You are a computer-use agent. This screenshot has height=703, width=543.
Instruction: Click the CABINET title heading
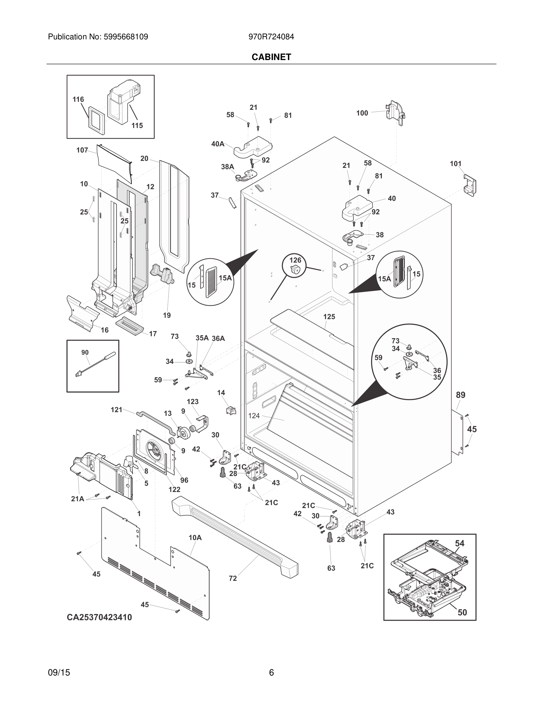(x=271, y=57)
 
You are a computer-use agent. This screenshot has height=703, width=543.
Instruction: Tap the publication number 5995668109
(x=126, y=37)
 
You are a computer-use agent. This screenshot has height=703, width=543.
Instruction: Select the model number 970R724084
(x=271, y=37)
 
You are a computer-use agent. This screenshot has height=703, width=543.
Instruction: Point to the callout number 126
(x=295, y=260)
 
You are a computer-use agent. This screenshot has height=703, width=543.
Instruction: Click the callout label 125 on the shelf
(x=329, y=317)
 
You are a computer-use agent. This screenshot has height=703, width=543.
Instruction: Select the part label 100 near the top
(x=362, y=113)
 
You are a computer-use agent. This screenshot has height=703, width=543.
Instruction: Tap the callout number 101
(x=455, y=164)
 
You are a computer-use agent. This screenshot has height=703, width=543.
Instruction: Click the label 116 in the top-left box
(x=78, y=99)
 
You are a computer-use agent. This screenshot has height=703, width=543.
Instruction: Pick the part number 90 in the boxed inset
(x=85, y=352)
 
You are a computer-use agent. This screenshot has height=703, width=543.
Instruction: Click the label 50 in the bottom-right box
(x=462, y=612)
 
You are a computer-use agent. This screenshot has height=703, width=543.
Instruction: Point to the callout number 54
(x=459, y=543)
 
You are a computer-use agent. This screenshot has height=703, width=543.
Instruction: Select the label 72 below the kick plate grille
(x=232, y=578)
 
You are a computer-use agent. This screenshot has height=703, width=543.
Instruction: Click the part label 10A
(x=195, y=538)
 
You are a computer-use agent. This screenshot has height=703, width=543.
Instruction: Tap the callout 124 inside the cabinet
(x=254, y=416)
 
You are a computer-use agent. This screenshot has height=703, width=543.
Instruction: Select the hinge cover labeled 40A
(x=254, y=148)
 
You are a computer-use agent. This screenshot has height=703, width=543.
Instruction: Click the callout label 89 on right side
(x=460, y=395)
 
